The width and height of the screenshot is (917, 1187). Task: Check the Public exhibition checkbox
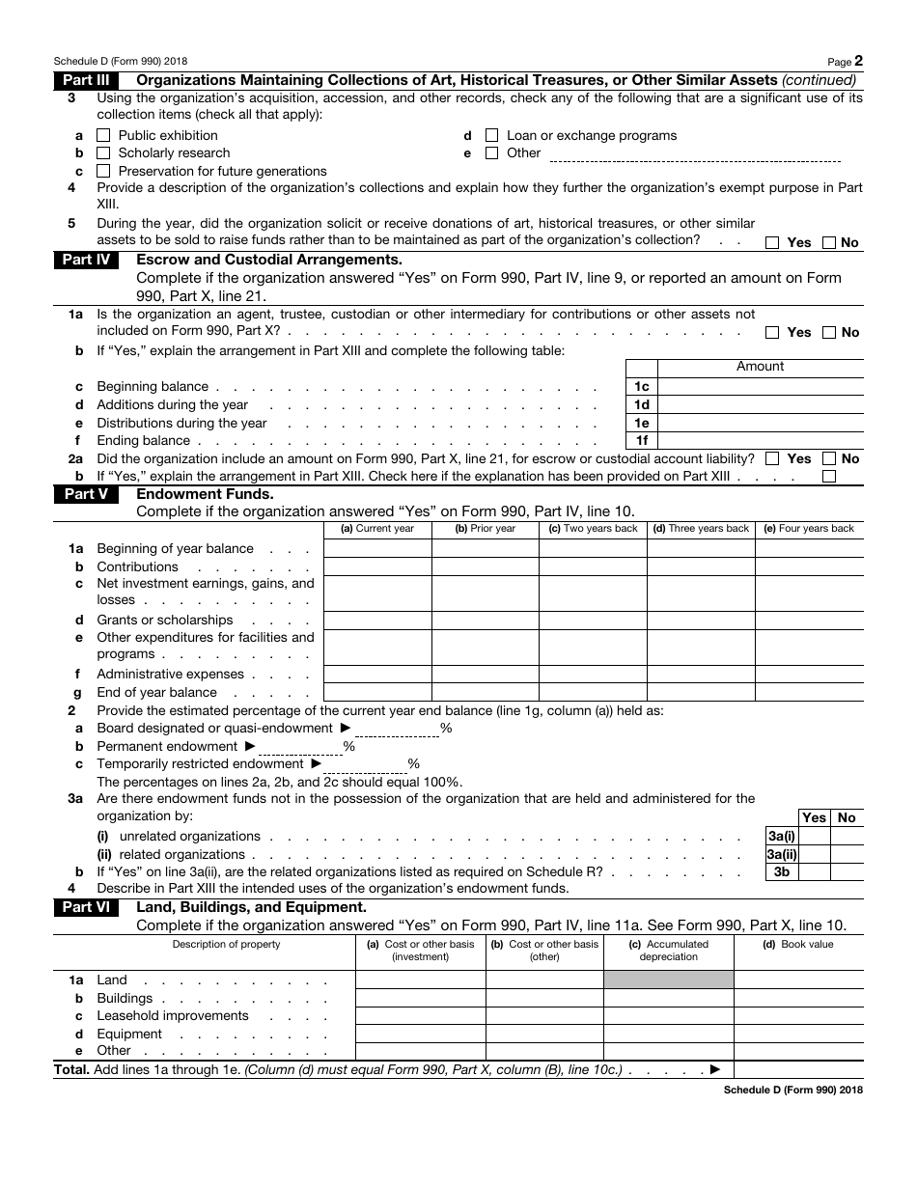coord(104,136)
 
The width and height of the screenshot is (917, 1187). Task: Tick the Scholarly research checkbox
coord(104,153)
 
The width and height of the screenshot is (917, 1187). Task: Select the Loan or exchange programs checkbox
coord(492,136)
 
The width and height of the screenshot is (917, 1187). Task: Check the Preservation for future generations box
coord(104,172)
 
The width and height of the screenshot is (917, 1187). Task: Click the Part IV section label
coord(86,260)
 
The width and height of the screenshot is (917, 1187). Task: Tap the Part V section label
coord(86,494)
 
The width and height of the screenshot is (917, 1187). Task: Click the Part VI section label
coord(86,907)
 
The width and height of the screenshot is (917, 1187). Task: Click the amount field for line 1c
coord(760,386)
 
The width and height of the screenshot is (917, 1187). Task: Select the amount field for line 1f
coord(760,440)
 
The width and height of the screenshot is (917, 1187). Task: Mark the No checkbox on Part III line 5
coord(829,243)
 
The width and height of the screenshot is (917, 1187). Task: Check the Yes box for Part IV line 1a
coord(772,333)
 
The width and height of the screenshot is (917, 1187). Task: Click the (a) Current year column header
coord(377,529)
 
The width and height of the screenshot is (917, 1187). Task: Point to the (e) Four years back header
coord(809,529)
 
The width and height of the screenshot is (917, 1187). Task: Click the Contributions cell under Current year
coord(377,566)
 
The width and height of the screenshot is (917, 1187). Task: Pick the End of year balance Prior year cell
coord(485,692)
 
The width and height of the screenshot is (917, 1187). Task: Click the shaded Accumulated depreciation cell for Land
coord(668,980)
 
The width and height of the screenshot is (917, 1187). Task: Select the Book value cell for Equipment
coord(798,1034)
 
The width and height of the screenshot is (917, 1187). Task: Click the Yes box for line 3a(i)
coord(814,837)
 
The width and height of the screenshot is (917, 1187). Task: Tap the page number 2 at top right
coord(858,60)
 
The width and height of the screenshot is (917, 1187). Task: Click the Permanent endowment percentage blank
coord(300,747)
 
